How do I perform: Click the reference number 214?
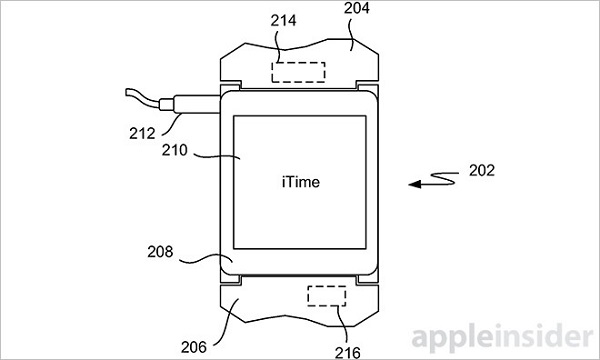point(283,21)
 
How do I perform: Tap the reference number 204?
point(357,8)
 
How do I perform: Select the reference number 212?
point(142,134)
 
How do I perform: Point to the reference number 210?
point(174,150)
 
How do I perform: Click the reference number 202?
point(482,171)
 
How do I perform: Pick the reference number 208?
point(160,252)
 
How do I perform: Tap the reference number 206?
point(194,347)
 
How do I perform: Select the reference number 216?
point(347,353)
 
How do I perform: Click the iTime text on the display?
point(301,182)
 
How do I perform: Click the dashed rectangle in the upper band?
point(298,72)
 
